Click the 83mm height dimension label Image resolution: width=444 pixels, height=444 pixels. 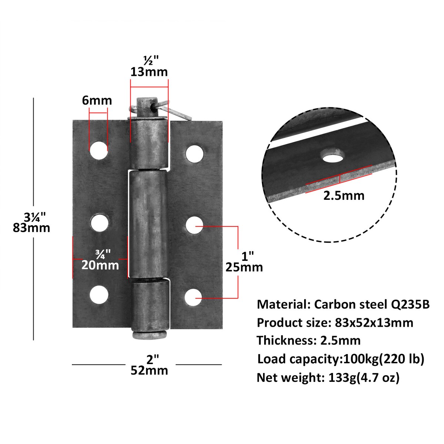pos(31,227)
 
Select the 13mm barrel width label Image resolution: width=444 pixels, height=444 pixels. pos(149,71)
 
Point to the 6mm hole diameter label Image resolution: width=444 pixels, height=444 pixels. pos(97,100)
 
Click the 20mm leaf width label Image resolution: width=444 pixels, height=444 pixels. pos(100,265)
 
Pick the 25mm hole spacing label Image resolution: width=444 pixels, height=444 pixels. pos(244,267)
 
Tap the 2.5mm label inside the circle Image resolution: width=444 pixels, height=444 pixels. pos(344,195)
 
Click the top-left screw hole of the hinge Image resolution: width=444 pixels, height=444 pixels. pos(98,150)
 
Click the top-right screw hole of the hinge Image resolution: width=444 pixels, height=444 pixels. pos(195,154)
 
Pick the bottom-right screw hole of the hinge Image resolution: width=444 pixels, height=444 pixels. pos(194,297)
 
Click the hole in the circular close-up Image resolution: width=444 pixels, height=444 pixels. pos(332,156)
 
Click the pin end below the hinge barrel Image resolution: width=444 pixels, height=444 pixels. pos(149,335)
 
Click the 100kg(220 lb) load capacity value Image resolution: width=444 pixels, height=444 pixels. pos(384,359)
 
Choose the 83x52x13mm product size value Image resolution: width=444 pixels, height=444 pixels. pos(374,323)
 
